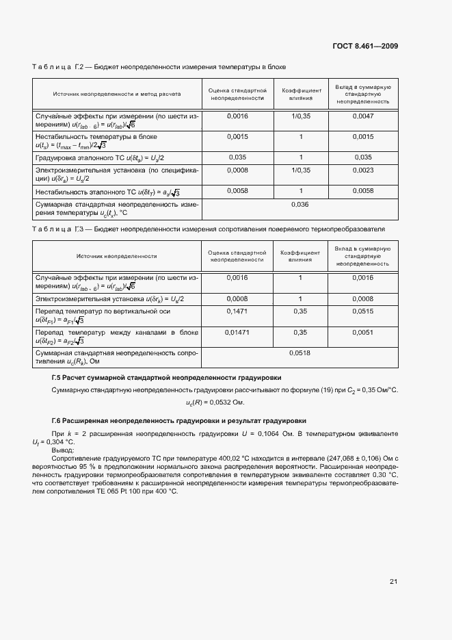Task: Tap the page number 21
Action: (393, 582)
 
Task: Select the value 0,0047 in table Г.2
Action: (362, 116)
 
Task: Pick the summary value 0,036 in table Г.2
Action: (300, 205)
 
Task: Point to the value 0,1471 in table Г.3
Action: (236, 311)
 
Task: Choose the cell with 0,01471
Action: (236, 332)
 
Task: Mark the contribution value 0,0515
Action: (362, 311)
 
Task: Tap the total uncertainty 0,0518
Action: (300, 353)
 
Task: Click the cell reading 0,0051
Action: (362, 332)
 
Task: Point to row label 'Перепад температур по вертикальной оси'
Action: (103, 311)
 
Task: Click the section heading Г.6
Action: (179, 420)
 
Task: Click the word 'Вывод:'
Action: (63, 450)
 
